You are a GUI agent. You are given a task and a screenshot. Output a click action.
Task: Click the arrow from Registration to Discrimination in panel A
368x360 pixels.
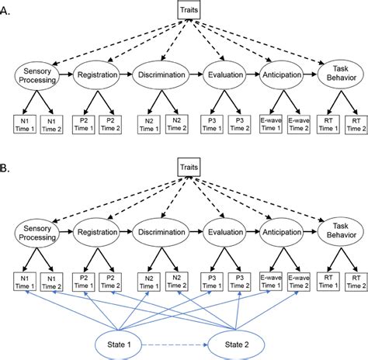point(127,74)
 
